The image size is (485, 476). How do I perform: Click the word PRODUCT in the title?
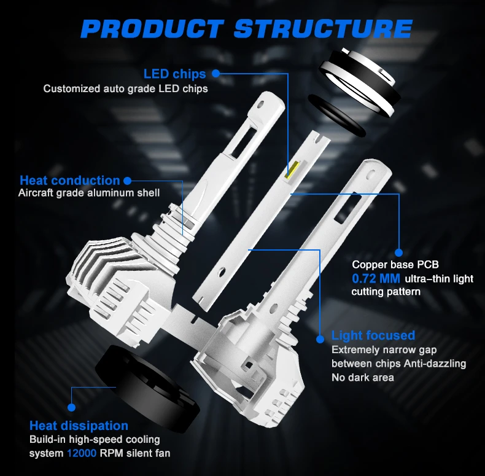tap(152, 29)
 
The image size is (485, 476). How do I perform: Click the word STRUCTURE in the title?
tap(323, 29)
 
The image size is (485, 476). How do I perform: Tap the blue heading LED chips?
tap(175, 74)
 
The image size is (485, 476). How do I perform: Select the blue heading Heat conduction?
tap(70, 181)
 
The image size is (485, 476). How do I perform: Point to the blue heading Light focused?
tap(373, 335)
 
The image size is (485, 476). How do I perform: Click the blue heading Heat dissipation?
tap(79, 426)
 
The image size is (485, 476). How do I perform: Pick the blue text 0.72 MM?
tap(376, 279)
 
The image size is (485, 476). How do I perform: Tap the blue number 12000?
tap(82, 453)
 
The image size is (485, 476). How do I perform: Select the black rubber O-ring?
tap(336, 115)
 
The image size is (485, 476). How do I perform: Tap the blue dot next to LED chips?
tap(216, 74)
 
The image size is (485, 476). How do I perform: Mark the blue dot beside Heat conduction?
tap(127, 181)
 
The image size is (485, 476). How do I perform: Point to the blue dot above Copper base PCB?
tap(399, 253)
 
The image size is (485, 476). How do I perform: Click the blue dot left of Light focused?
tap(320, 339)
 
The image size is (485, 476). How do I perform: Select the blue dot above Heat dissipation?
tap(71, 407)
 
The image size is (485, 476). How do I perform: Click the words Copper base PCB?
tap(395, 265)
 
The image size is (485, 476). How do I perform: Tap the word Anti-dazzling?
tap(435, 364)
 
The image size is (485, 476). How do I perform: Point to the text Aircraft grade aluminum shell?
tap(89, 193)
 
